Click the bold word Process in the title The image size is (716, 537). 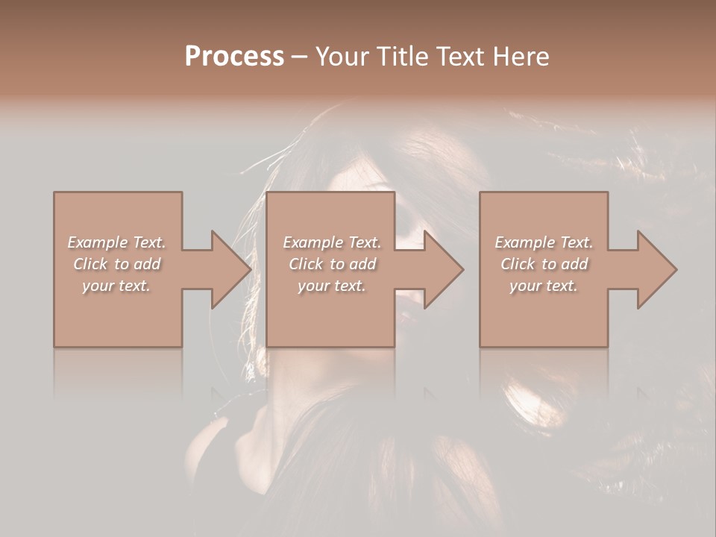[x=234, y=56]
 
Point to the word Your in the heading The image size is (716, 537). [x=341, y=56]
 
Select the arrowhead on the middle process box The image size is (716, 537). [x=442, y=269]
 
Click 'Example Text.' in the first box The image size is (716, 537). [x=116, y=242]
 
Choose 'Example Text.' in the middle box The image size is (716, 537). [x=332, y=242]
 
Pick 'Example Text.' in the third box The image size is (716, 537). [x=544, y=242]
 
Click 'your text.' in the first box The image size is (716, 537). [x=116, y=286]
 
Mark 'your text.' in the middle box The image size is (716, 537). [x=332, y=286]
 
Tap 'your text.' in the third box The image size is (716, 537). [x=544, y=286]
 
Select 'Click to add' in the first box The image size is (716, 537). [x=116, y=264]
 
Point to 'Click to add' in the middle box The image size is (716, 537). [x=332, y=264]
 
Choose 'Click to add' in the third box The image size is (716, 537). [x=544, y=264]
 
